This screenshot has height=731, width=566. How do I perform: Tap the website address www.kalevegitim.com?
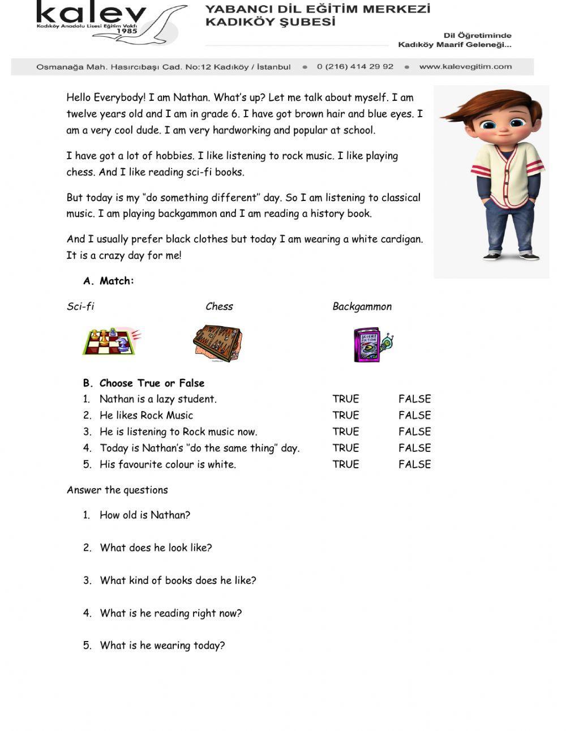click(x=465, y=66)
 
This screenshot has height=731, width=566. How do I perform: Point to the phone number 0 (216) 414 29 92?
click(x=355, y=66)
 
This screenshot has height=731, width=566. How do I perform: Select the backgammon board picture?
click(x=217, y=343)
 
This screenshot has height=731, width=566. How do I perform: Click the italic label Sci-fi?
click(x=80, y=306)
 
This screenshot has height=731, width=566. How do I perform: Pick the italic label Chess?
click(x=219, y=306)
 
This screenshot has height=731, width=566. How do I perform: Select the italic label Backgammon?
click(x=362, y=306)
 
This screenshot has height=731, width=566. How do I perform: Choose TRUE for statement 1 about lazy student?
click(x=345, y=399)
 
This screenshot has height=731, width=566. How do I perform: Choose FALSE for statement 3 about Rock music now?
click(x=414, y=431)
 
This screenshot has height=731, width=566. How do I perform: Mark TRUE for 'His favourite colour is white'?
click(x=345, y=464)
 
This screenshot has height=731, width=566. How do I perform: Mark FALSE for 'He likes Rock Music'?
click(x=414, y=415)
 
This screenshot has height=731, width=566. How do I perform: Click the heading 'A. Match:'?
click(x=109, y=281)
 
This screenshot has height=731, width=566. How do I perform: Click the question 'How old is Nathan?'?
click(x=144, y=515)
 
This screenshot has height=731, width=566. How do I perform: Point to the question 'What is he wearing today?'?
click(x=162, y=645)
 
